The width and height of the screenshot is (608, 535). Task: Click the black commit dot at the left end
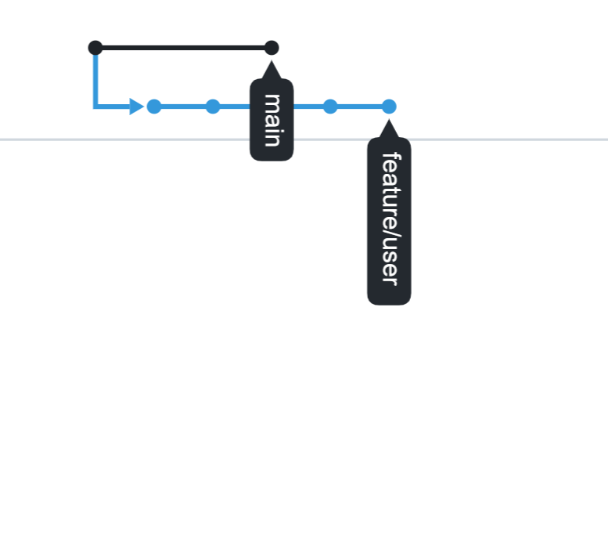coord(95,48)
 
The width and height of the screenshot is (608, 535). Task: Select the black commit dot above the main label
coord(272,48)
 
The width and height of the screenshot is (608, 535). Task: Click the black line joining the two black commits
coord(183,48)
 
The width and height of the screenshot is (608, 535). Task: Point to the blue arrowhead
coord(136,107)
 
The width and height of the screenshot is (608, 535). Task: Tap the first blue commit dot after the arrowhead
coord(154,107)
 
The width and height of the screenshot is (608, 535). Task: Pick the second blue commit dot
coord(213,107)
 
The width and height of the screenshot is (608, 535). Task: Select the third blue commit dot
coord(330,107)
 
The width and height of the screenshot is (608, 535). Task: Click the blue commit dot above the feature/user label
coord(389,107)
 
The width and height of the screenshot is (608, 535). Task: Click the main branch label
coord(272,120)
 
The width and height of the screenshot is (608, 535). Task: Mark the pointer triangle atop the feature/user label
coord(389,129)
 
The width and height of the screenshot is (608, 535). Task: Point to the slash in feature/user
coord(389,233)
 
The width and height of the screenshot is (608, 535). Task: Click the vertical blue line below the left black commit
coord(95,78)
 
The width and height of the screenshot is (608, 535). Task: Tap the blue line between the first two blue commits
coord(183,107)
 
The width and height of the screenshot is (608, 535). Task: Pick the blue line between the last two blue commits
coord(360,107)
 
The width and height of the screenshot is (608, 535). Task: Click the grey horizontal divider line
coord(509,139)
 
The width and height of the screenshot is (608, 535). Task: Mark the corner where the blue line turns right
coord(95,107)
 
